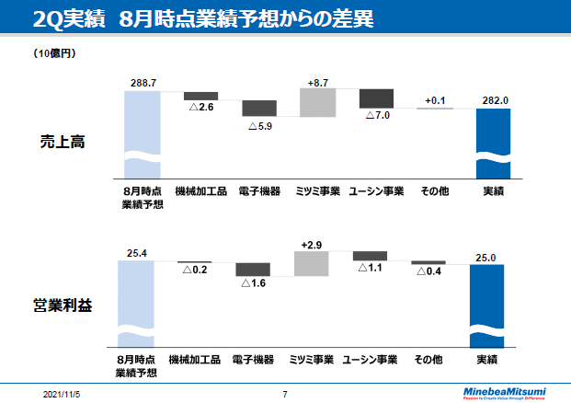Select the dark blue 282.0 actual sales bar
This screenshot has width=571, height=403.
495,143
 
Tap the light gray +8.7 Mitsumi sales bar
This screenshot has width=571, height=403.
318,103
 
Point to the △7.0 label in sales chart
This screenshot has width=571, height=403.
377,116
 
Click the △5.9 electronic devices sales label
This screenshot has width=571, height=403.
259,125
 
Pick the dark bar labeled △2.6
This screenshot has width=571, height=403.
200,96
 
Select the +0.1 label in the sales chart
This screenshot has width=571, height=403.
436,100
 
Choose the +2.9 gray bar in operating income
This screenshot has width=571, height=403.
311,263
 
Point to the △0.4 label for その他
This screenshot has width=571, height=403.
428,272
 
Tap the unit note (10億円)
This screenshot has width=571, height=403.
54,53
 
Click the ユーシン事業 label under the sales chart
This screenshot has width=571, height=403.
377,191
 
